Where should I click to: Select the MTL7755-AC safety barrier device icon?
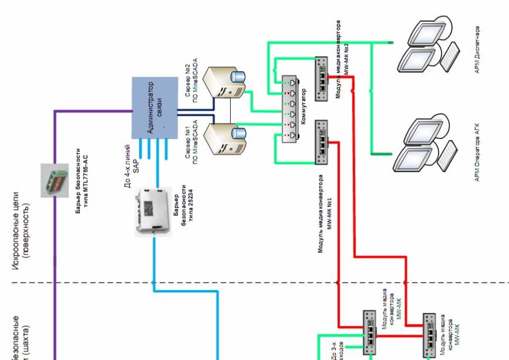[54, 179]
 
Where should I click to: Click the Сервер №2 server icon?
[224, 83]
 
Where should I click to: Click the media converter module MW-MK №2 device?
[321, 78]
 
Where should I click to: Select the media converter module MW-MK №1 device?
[321, 142]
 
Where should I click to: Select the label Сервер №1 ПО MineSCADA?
[192, 142]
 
